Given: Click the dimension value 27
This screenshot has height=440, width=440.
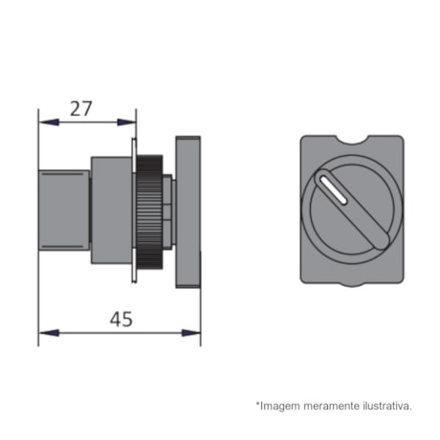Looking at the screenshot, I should pyautogui.click(x=81, y=108).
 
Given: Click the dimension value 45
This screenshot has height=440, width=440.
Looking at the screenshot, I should pyautogui.click(x=121, y=319).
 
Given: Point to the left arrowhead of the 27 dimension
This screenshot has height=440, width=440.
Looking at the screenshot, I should pyautogui.click(x=44, y=121).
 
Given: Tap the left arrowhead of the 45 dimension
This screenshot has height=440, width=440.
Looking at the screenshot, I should pyautogui.click(x=44, y=333).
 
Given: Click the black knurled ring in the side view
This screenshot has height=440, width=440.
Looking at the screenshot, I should pyautogui.click(x=149, y=210).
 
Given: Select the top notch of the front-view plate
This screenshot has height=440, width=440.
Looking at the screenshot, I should pyautogui.click(x=352, y=141).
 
